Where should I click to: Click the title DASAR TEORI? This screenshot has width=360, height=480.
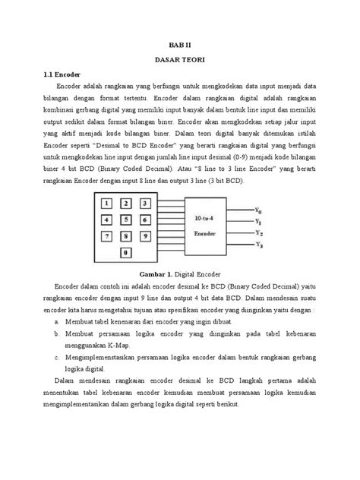pos(180,60)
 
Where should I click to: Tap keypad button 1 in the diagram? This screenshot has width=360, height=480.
pos(108,204)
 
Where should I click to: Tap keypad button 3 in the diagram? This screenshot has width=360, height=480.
pos(144,204)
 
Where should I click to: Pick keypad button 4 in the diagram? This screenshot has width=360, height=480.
pos(108,220)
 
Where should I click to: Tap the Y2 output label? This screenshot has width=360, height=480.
pos(259,232)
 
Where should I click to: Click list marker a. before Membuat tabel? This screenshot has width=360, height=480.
pos(58,321)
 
